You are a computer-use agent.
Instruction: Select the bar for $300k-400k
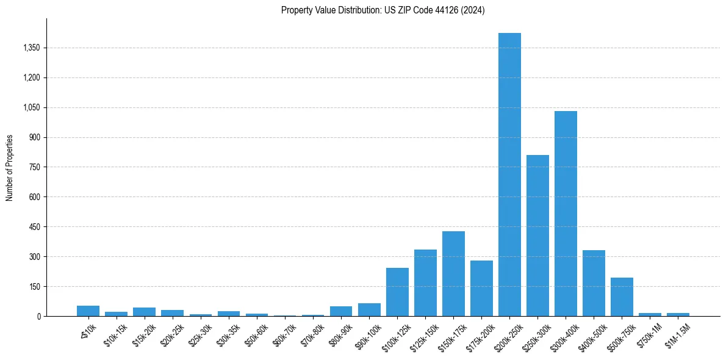(566, 214)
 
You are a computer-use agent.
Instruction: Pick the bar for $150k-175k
(453, 274)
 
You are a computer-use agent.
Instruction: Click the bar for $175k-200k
(481, 289)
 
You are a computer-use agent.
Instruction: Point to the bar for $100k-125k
(397, 292)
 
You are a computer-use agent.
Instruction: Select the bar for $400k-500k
(594, 283)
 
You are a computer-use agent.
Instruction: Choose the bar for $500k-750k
(622, 297)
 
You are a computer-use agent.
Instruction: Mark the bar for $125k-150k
(425, 283)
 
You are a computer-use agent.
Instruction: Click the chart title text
(383, 10)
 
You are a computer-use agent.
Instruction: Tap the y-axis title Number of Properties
(10, 167)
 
